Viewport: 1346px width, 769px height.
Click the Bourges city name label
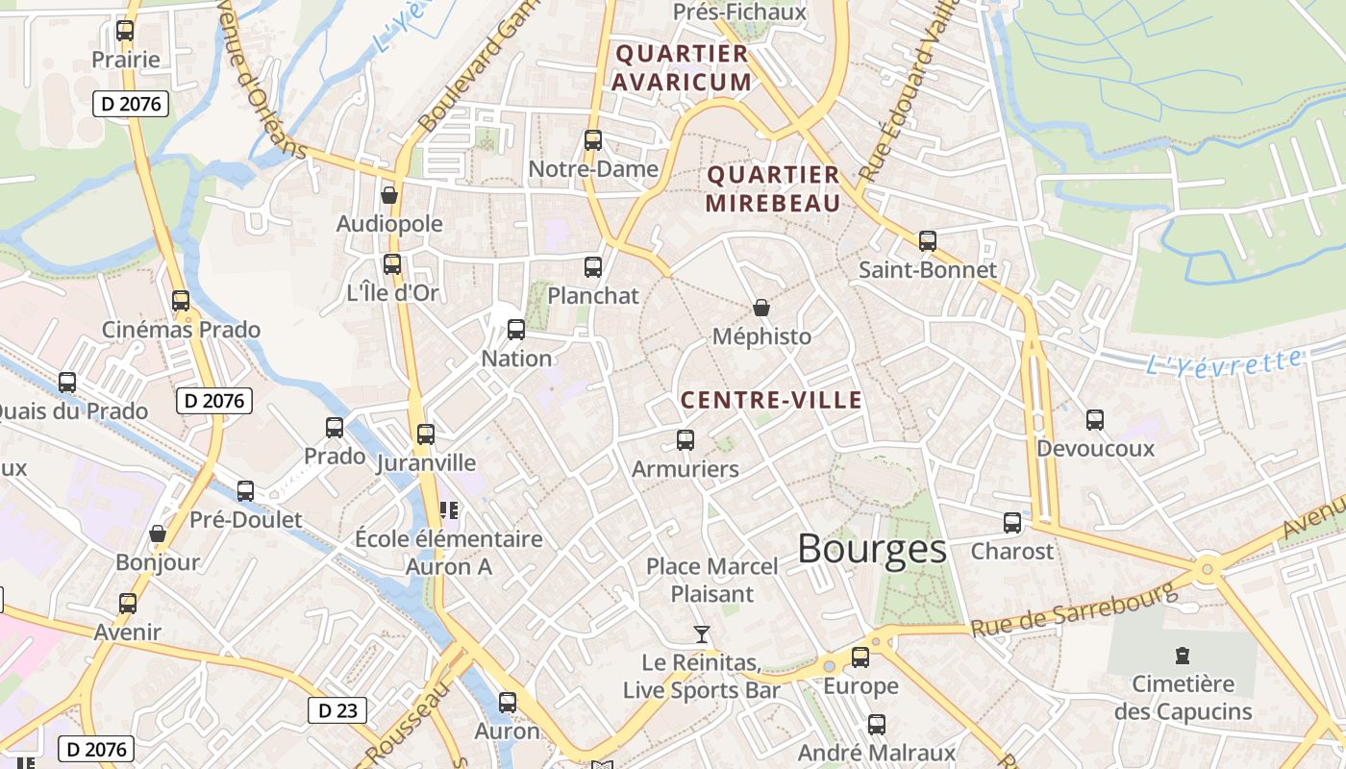[x=871, y=549]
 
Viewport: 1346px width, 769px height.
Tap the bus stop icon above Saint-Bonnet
[x=927, y=241]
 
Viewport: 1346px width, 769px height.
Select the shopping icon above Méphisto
[x=761, y=308]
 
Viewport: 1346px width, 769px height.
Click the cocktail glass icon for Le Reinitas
[x=702, y=634]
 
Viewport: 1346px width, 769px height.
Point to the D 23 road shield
[x=336, y=710]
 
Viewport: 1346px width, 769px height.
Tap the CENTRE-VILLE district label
[x=771, y=400]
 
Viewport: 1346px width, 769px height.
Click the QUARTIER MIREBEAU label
[x=773, y=188]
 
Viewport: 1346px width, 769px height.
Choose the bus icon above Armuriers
[x=685, y=440]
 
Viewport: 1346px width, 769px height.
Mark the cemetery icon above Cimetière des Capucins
[x=1183, y=657]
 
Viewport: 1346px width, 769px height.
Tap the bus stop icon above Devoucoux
[x=1094, y=419]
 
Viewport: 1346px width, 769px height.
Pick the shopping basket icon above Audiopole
[x=389, y=195]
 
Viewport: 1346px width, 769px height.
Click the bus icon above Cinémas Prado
[x=181, y=301]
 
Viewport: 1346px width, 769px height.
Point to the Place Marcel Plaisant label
[x=711, y=580]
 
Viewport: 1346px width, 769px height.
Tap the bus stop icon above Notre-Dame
[x=593, y=140]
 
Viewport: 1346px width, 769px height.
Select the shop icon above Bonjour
[x=158, y=533]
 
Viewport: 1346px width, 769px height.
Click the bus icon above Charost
[x=1012, y=523]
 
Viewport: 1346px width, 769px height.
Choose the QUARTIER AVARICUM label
[x=682, y=67]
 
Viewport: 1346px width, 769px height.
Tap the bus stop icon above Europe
[x=860, y=657]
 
